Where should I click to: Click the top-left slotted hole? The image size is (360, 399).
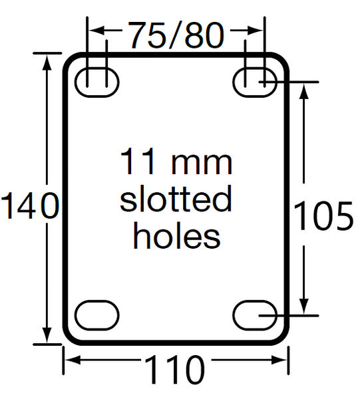tap(98, 82)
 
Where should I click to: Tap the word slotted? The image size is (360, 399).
tap(176, 199)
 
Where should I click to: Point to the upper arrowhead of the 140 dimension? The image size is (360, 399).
tap(47, 60)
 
